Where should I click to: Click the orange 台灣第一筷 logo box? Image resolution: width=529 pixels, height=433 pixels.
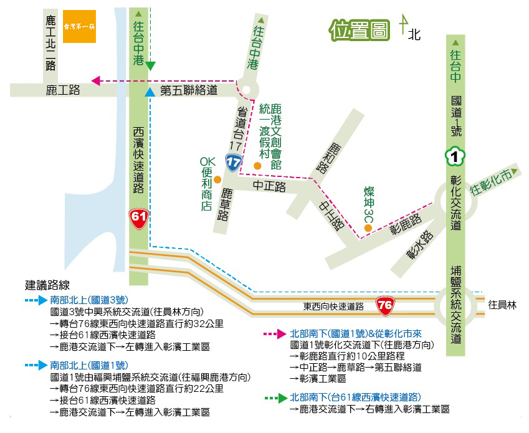click(x=79, y=26)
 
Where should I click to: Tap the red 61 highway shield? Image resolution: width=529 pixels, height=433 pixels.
click(x=138, y=217)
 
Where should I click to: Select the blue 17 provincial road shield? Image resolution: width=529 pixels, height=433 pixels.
click(x=234, y=164)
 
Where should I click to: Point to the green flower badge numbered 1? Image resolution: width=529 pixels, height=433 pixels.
click(x=455, y=156)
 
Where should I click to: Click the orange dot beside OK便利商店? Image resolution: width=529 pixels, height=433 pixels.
click(x=217, y=179)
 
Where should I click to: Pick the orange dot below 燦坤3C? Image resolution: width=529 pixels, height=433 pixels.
click(x=368, y=228)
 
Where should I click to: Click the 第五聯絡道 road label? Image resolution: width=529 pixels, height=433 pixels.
click(x=189, y=91)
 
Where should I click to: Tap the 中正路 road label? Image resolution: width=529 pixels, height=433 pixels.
click(x=269, y=186)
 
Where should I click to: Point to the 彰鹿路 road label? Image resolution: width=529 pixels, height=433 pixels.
click(x=406, y=222)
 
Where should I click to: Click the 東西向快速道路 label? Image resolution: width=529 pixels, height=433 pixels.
click(x=333, y=307)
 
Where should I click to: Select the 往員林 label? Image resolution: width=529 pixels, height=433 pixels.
click(x=502, y=305)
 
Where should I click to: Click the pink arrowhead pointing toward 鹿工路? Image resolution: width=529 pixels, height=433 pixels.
click(x=96, y=80)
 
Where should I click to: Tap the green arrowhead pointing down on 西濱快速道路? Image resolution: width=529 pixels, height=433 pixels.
click(x=150, y=65)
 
